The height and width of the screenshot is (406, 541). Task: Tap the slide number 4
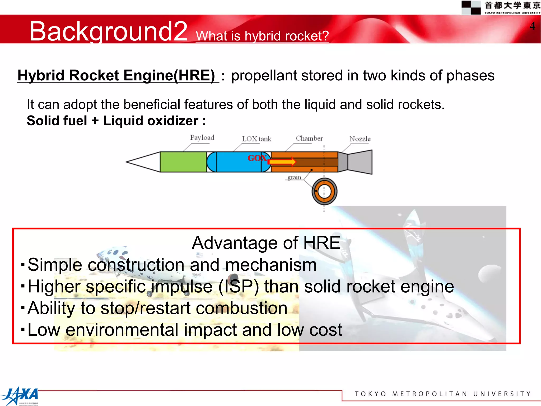click(532, 26)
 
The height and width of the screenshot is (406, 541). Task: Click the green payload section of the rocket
click(183, 162)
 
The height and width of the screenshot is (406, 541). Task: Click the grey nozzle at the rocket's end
click(359, 162)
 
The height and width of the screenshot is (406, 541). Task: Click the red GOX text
click(257, 158)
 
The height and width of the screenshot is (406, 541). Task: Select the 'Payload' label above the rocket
click(202, 137)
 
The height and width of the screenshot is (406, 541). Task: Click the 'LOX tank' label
click(256, 139)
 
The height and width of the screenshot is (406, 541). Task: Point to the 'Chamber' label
click(309, 138)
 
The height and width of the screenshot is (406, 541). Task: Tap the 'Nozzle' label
click(360, 139)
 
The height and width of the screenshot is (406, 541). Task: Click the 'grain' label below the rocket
click(294, 177)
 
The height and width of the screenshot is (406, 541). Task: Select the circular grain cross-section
click(324, 191)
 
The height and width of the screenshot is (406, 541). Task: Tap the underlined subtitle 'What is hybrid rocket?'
click(262, 36)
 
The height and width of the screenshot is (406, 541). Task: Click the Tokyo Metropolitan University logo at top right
click(501, 7)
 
